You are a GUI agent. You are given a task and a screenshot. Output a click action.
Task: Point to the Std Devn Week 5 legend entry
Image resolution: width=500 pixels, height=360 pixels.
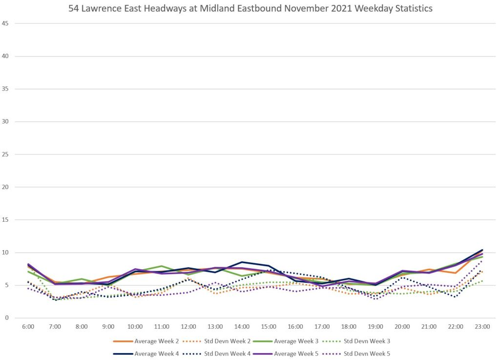366,353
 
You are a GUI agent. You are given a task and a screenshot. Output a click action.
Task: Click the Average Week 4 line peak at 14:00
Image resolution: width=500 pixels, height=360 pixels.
242,262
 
